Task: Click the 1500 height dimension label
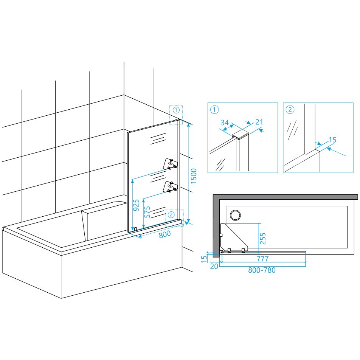click(x=194, y=176)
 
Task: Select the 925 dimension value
click(x=136, y=205)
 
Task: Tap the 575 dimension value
click(x=147, y=212)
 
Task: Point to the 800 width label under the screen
click(x=165, y=234)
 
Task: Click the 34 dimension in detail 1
click(x=225, y=123)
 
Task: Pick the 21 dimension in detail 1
click(x=259, y=122)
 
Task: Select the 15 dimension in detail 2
click(x=332, y=140)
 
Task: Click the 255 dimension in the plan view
click(x=263, y=238)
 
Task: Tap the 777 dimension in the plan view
click(x=263, y=259)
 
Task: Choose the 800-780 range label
click(x=262, y=270)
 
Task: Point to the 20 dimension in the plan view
click(x=214, y=266)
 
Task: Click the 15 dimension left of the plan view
click(x=204, y=259)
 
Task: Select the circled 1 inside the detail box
click(x=214, y=110)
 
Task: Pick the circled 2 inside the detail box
click(x=290, y=110)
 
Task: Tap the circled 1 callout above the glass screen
click(x=176, y=110)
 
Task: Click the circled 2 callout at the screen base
click(x=171, y=215)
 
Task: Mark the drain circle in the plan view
click(x=235, y=216)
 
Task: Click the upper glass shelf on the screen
click(x=170, y=163)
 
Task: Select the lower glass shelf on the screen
click(x=170, y=186)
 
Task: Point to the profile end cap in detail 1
click(x=241, y=134)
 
